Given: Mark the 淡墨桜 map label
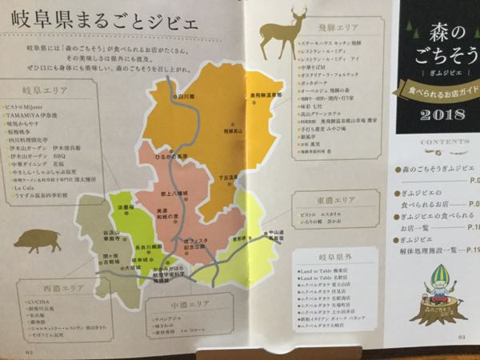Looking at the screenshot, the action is coord(126,207).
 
